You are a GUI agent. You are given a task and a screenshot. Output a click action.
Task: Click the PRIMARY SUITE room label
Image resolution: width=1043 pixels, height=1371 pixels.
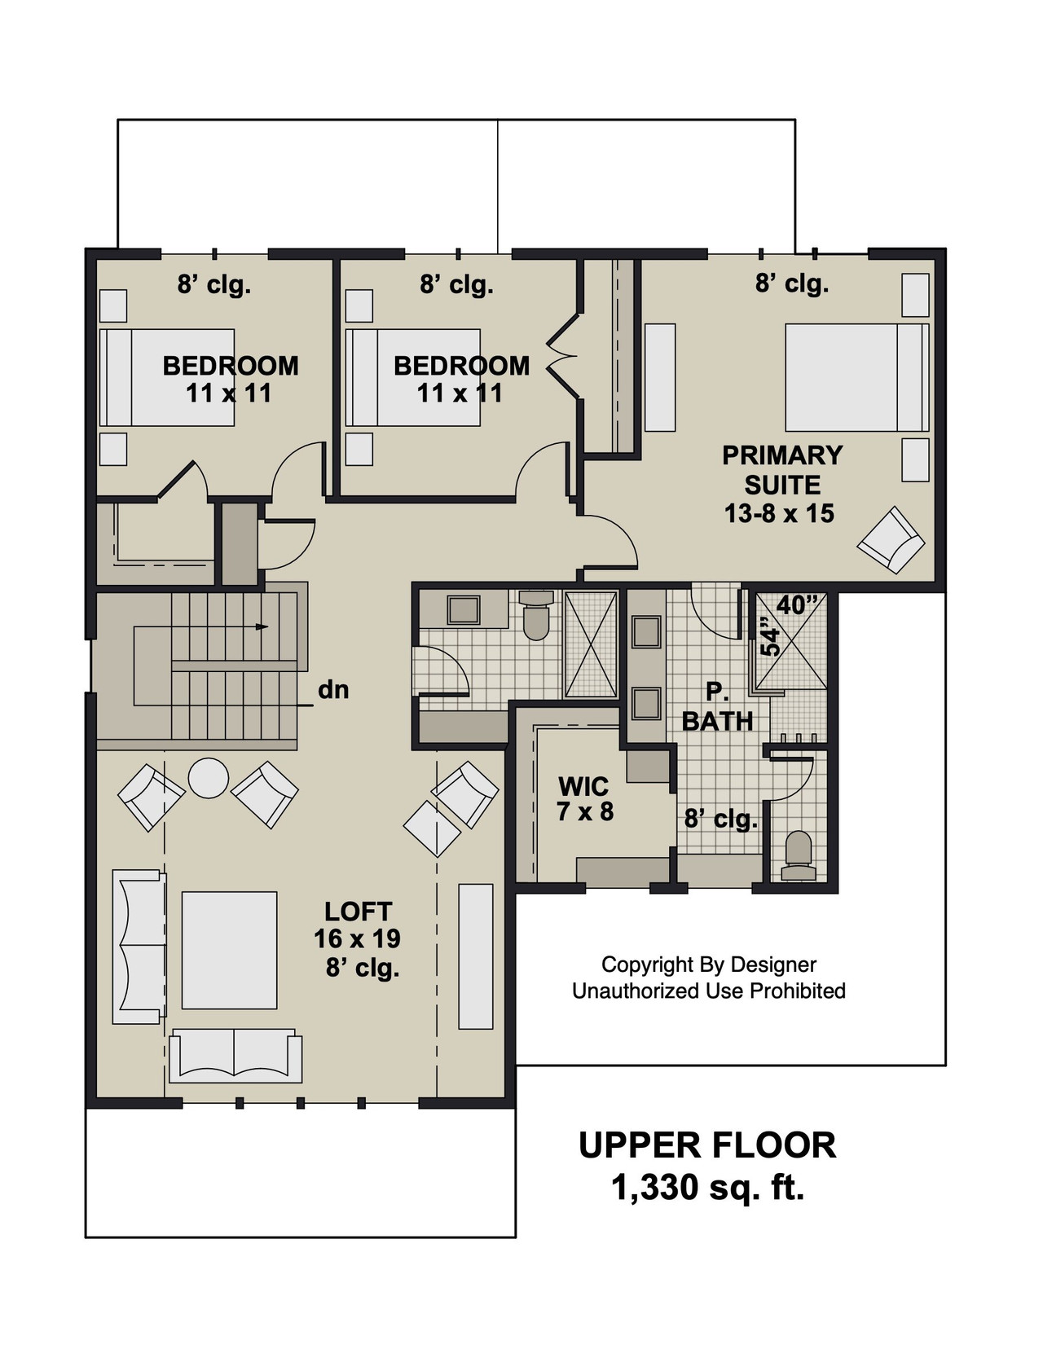(x=781, y=469)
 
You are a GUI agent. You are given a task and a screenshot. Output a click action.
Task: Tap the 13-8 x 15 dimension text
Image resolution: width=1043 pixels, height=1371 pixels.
(x=779, y=513)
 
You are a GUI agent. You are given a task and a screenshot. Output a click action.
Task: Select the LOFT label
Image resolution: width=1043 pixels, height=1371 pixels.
(x=358, y=911)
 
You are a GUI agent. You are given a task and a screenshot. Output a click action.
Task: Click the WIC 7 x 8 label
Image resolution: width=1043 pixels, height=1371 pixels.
(x=584, y=798)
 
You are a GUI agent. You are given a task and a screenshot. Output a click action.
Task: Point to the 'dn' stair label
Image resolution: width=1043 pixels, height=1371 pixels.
(x=333, y=690)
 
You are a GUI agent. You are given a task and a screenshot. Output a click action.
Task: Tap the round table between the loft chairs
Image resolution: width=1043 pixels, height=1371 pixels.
(x=208, y=778)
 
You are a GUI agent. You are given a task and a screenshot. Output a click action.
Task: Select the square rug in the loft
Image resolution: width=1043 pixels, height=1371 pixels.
(x=229, y=950)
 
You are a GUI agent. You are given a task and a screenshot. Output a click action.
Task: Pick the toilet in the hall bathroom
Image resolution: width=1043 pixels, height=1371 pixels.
(x=535, y=617)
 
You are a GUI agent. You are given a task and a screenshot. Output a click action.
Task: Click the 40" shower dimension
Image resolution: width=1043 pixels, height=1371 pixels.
(x=796, y=605)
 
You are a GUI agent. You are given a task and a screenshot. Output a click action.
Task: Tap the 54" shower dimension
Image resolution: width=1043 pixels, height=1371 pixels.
(x=769, y=640)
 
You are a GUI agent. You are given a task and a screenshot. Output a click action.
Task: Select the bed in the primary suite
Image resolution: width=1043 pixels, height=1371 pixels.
(x=856, y=377)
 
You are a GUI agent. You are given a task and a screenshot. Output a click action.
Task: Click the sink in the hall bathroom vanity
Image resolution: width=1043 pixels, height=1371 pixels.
(x=464, y=609)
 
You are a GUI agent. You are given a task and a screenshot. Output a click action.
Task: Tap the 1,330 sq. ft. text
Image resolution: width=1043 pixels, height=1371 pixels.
(x=707, y=1188)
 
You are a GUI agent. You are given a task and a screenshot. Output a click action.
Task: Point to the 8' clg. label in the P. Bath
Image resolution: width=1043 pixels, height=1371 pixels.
(x=720, y=818)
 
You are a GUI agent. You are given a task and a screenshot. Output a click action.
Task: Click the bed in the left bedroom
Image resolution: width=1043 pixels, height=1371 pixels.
(x=167, y=377)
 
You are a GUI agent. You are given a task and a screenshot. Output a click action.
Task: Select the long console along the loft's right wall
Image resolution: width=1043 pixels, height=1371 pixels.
(x=476, y=956)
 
